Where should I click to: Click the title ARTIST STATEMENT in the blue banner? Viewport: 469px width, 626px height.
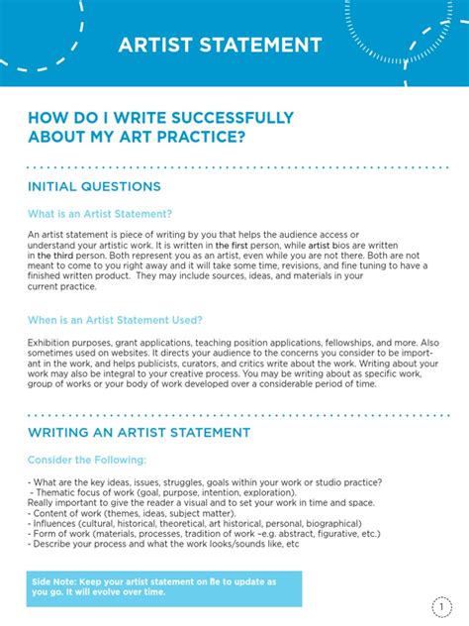point(220,45)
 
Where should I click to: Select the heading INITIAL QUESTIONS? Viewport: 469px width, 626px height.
point(94,186)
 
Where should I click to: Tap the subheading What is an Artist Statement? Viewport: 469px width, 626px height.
point(100,213)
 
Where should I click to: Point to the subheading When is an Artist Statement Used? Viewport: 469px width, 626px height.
point(116,320)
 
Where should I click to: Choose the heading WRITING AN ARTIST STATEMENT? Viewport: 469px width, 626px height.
point(139,433)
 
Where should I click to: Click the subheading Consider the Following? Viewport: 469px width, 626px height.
point(87,460)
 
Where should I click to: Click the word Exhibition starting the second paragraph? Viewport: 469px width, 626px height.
point(49,341)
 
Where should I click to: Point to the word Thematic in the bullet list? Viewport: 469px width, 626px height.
point(55,492)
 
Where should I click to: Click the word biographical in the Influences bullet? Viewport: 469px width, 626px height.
point(328,523)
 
